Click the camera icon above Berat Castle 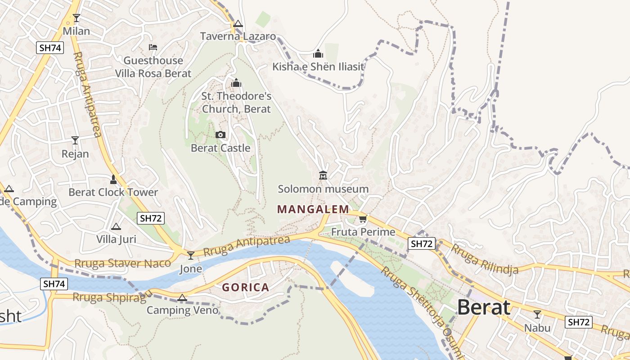point(220,135)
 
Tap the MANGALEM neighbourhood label point(313,209)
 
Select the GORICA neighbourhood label point(246,287)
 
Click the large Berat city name point(484,308)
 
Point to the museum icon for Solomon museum point(323,175)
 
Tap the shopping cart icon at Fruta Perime point(363,219)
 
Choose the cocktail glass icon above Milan point(76,18)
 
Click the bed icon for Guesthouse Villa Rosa point(153,47)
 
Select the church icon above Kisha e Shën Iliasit point(318,54)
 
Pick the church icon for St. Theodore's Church point(236,83)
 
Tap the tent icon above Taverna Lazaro point(238,23)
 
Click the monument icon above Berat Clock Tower point(113,180)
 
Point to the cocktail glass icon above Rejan point(75,140)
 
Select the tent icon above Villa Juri point(116,226)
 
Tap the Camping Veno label point(182,310)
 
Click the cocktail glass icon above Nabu point(537,314)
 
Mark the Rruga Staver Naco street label point(122,263)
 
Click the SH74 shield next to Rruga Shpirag point(54,284)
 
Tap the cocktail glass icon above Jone point(191,256)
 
